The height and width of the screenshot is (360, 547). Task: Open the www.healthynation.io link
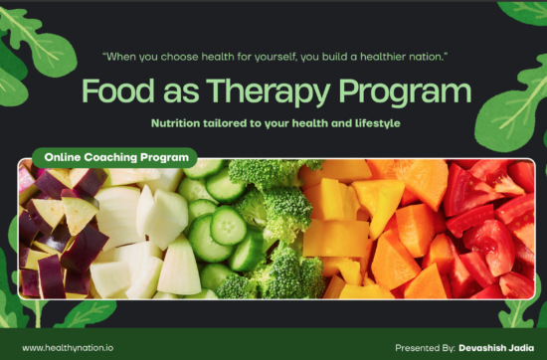pos(67,347)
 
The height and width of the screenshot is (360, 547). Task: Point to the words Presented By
pos(425,347)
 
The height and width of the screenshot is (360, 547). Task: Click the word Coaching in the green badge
pos(116,157)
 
